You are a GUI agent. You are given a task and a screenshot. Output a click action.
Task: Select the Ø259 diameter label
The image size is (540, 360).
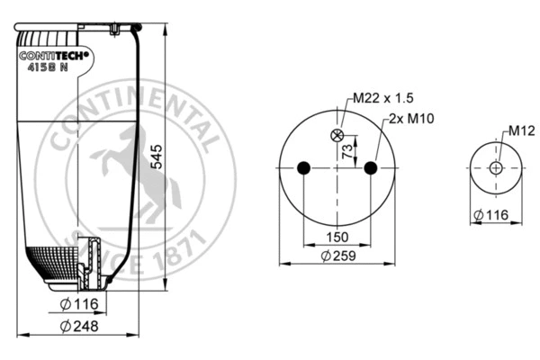338,256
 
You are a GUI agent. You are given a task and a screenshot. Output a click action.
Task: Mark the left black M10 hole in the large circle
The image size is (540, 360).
304,167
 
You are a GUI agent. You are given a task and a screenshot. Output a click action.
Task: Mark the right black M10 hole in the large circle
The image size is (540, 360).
371,167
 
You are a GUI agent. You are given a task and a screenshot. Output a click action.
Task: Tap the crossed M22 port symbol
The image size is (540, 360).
337,136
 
